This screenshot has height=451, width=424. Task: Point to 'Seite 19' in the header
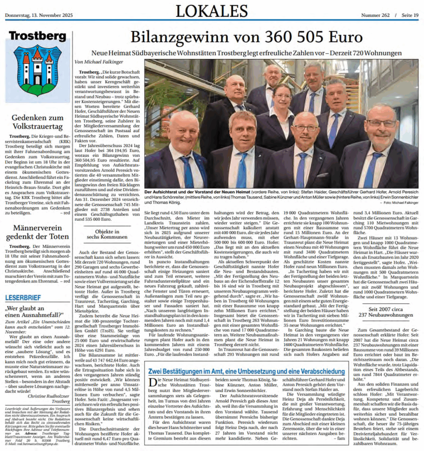tap(410, 15)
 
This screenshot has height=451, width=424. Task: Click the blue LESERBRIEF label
tap(22, 298)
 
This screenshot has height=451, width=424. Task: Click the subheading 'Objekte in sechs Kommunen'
tap(108, 234)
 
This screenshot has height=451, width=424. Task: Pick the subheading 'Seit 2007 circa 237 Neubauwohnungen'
tap(385, 312)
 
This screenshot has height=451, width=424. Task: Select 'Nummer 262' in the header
tap(376, 15)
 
